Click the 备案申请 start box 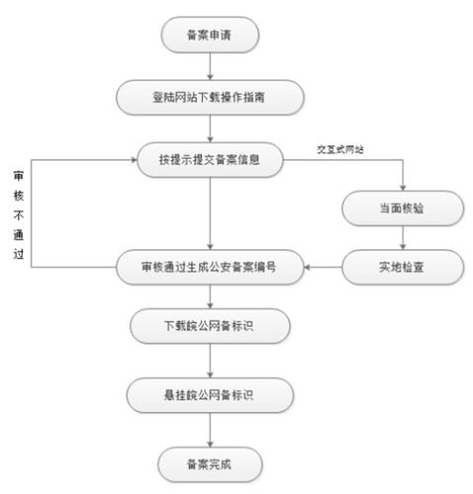click(x=209, y=37)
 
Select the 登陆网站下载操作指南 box click(x=209, y=97)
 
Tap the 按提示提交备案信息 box click(x=209, y=158)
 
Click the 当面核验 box click(x=402, y=208)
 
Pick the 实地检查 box click(x=402, y=267)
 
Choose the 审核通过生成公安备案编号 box click(x=209, y=267)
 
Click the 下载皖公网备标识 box click(x=209, y=325)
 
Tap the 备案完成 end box click(x=209, y=461)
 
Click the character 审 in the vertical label click(x=18, y=175)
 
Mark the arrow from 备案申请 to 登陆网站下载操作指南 click(x=209, y=67)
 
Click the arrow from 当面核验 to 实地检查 click(x=402, y=237)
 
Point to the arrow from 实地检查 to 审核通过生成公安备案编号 click(x=324, y=267)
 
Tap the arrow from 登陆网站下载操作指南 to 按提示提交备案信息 click(x=209, y=127)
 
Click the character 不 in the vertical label click(x=18, y=212)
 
